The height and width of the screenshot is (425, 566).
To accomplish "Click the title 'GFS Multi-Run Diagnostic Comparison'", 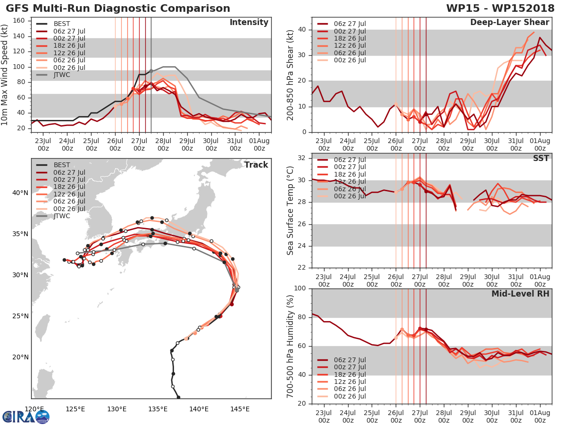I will [118, 8].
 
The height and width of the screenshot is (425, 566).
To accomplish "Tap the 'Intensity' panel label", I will [249, 23].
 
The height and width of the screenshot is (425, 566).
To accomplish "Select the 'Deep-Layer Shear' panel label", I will [509, 23].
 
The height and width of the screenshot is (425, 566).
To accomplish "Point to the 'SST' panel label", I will [541, 158].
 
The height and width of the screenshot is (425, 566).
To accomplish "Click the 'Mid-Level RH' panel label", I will [520, 294].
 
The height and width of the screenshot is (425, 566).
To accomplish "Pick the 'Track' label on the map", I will [256, 165].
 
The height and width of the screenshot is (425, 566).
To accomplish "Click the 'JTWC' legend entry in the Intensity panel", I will [63, 75].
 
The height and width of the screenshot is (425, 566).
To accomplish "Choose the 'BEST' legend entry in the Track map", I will [62, 165].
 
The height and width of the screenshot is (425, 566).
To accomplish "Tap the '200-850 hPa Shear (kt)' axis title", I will [291, 75].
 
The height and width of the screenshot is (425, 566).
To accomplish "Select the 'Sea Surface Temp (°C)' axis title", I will [291, 210].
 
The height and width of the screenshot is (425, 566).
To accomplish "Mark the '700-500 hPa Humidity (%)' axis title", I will [291, 346].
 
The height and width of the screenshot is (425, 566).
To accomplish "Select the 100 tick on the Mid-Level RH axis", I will [300, 289].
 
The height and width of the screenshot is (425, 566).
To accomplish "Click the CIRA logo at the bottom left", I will [26, 416].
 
